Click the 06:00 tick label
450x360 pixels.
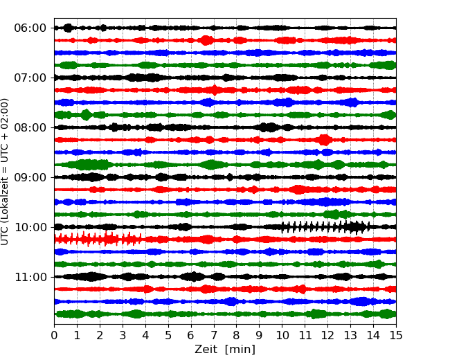[x=30, y=28]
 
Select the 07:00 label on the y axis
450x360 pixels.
[x=30, y=78]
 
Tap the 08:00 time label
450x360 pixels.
[x=30, y=127]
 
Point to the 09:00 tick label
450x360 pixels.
[x=30, y=177]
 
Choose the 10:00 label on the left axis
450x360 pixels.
[x=30, y=227]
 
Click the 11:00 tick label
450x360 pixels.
[x=30, y=277]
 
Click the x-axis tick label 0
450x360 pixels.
[x=55, y=336]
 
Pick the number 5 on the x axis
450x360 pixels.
[x=168, y=336]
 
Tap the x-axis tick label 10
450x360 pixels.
[x=282, y=336]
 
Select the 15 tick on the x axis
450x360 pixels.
[x=396, y=336]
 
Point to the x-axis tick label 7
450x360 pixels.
[x=214, y=336]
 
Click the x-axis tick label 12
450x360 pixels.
[x=328, y=336]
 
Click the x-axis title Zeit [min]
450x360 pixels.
[x=225, y=350]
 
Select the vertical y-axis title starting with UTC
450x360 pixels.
[x=6, y=172]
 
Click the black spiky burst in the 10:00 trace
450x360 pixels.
[x=325, y=227]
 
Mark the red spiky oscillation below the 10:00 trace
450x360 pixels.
[x=97, y=239]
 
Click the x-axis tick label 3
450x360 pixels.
[x=123, y=336]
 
